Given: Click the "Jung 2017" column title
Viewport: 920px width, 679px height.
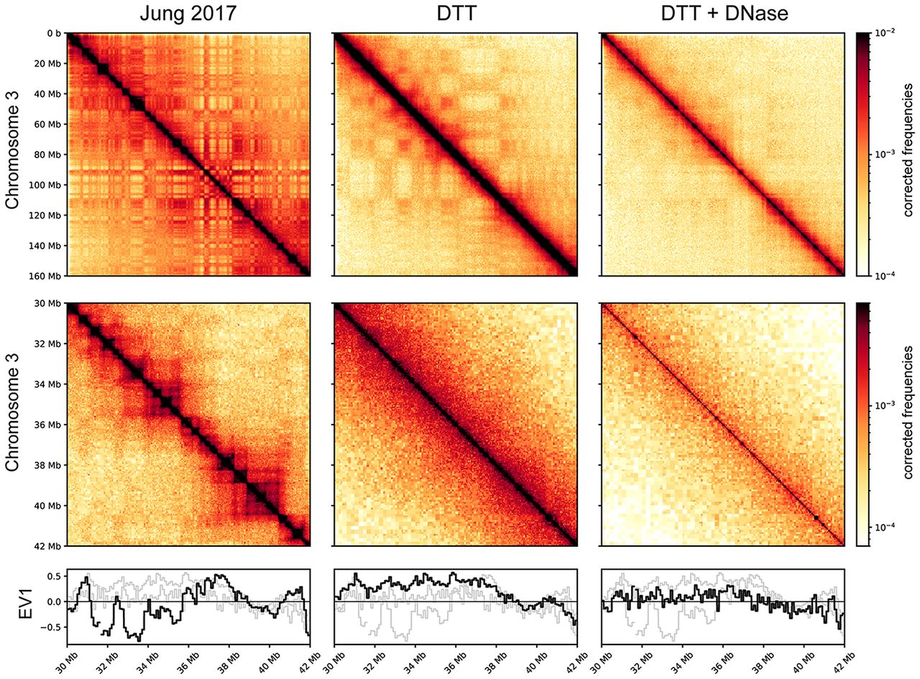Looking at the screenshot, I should pos(188,14).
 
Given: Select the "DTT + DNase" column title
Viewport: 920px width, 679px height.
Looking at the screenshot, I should pos(723,14).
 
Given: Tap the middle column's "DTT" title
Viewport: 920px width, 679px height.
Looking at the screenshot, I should pos(456,14).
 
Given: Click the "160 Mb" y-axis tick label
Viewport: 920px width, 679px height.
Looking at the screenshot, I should pos(47,276).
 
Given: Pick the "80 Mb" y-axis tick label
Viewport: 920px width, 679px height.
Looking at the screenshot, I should pos(49,154).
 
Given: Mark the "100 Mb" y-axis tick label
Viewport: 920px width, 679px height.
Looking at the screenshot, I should pos(47,185).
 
